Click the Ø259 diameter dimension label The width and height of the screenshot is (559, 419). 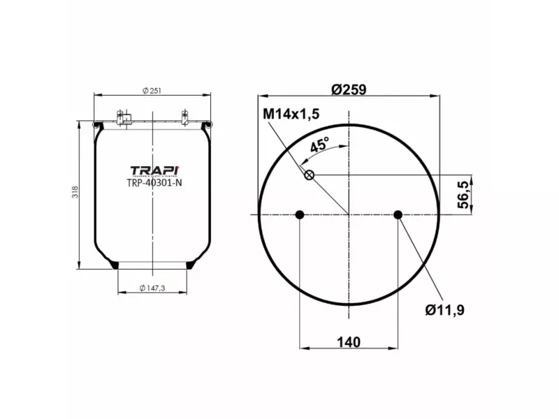tap(349, 89)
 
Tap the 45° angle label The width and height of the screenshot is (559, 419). tap(319, 145)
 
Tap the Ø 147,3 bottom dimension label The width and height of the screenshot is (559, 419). tap(152, 288)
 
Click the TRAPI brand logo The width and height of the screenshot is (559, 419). tap(154, 170)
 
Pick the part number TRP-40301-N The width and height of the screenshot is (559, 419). tap(154, 183)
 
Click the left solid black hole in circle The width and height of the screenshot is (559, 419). tap(300, 214)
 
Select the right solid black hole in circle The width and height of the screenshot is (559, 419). tap(398, 214)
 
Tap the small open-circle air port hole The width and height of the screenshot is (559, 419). tap(309, 175)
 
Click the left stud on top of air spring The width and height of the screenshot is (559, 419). tap(120, 117)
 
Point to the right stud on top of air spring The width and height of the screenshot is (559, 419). tap(184, 117)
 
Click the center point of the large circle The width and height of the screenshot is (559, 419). tap(349, 214)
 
